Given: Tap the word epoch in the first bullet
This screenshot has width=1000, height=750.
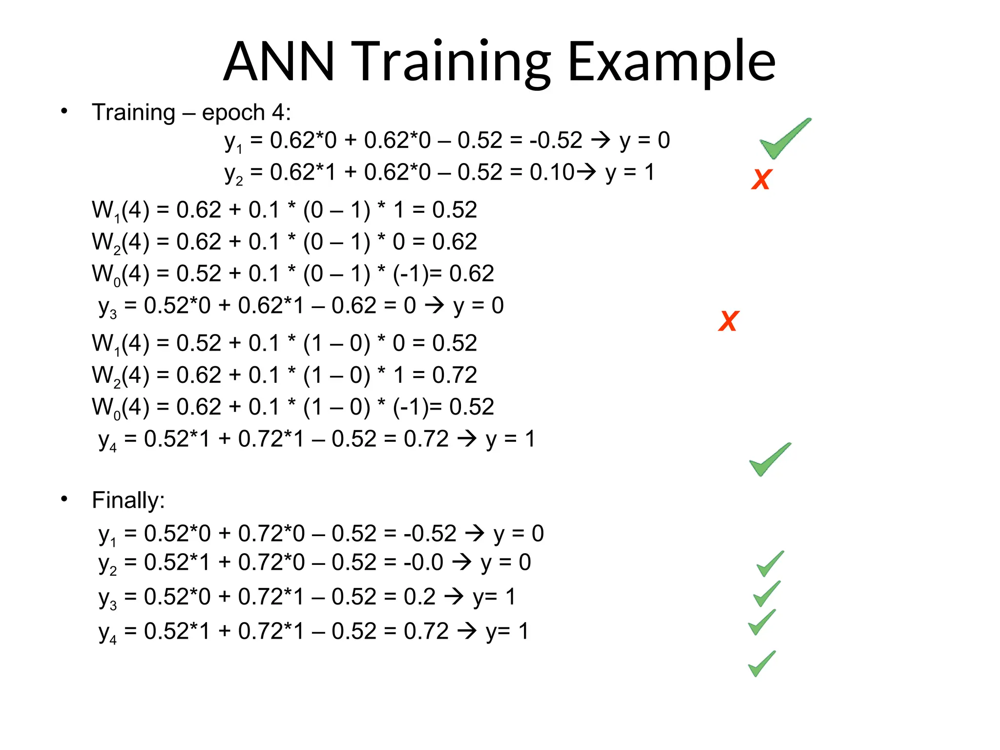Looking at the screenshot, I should coord(233,113).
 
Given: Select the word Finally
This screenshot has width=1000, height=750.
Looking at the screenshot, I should coord(128,500).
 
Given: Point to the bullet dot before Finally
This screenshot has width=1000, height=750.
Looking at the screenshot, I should coord(64,499).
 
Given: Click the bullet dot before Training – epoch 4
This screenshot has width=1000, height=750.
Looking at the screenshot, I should coord(64,112).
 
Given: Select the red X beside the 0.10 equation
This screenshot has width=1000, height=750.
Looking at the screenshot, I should coord(761,180).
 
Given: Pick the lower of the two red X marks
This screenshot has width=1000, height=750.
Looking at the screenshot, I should coord(729,321).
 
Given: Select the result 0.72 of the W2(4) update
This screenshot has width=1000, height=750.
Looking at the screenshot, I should coord(454,375).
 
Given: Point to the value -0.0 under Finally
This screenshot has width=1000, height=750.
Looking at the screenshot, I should coord(423,562).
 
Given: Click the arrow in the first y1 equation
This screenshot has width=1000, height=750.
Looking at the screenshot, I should coord(601,141).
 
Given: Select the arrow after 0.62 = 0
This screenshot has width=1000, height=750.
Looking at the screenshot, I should coord(434,306).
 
